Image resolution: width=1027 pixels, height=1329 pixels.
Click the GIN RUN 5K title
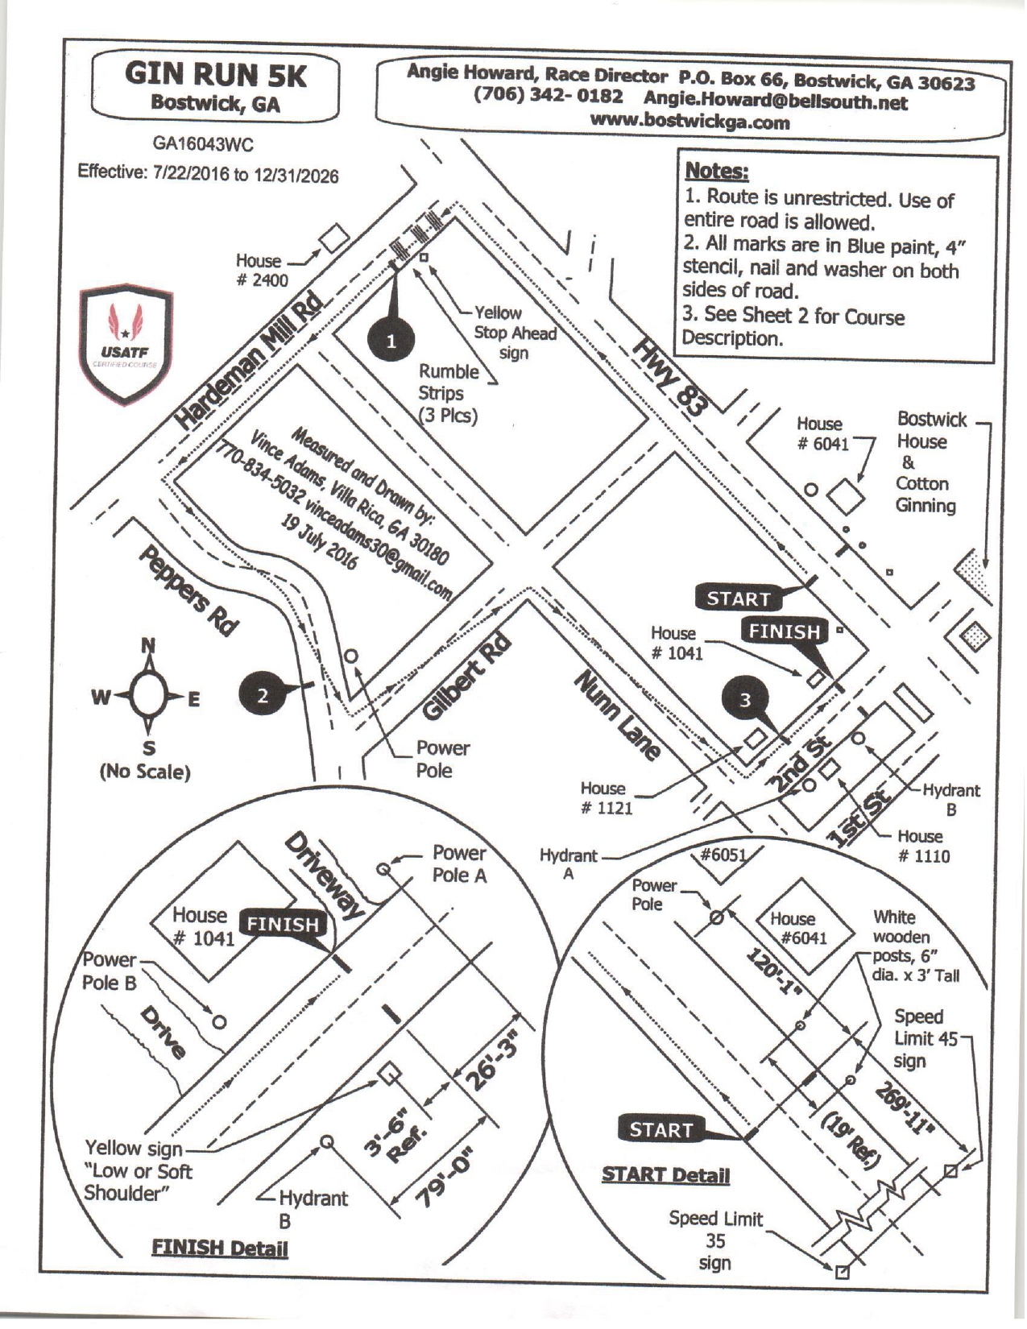point(216,75)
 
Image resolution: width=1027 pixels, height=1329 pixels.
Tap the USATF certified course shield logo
point(126,342)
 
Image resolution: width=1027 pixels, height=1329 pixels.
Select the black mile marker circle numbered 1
point(391,341)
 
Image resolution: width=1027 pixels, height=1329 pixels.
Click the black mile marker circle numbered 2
point(262,696)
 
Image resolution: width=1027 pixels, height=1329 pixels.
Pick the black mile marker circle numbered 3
point(744,700)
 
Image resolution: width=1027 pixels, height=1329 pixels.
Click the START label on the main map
point(739,598)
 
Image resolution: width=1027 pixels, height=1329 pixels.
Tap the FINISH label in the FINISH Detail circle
point(283,924)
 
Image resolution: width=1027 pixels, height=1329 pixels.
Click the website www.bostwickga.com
point(690,122)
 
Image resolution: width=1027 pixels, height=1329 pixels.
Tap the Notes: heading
point(716,172)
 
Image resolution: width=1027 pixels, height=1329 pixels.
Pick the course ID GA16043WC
point(203,145)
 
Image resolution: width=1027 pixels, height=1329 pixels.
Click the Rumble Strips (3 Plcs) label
point(447,394)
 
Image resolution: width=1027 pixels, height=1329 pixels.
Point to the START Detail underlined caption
point(665,1176)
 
